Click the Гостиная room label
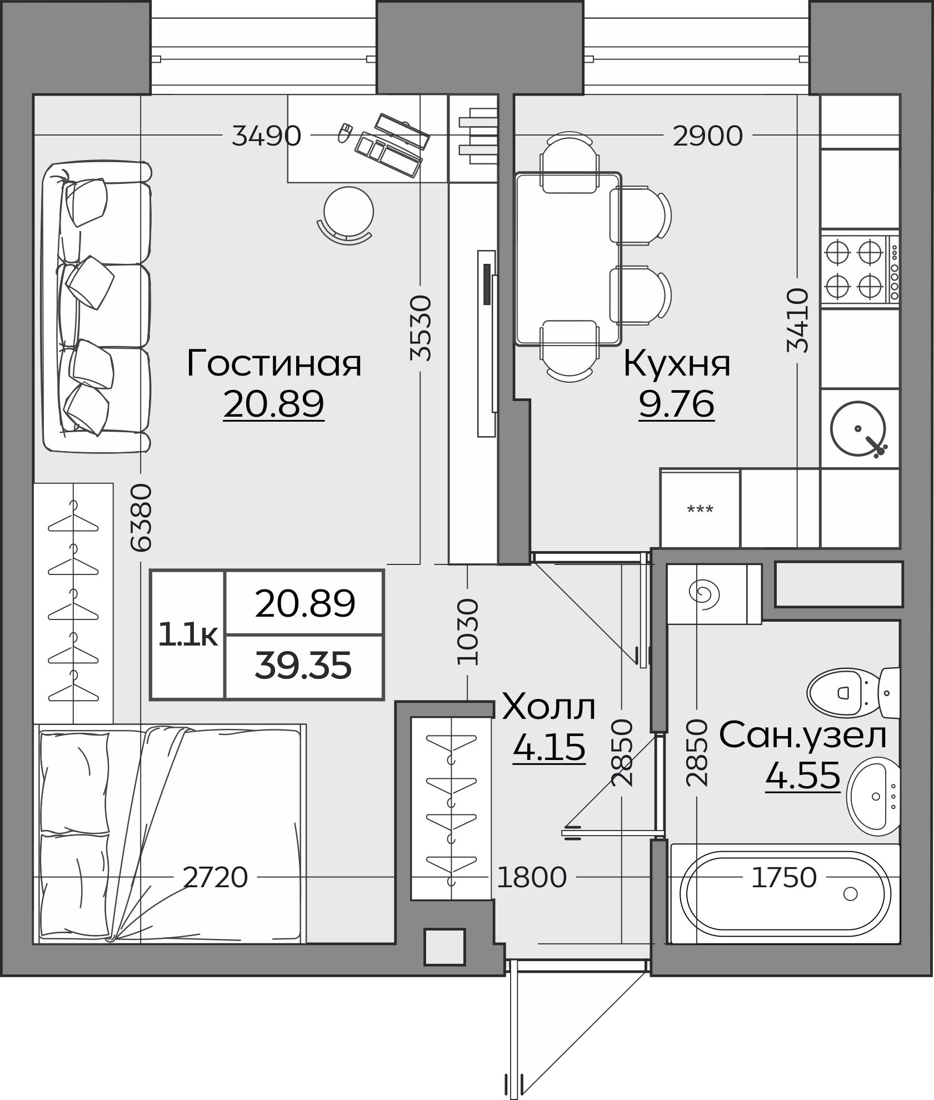pyautogui.click(x=274, y=364)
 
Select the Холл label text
pyautogui.click(x=549, y=707)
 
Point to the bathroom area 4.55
pyautogui.click(x=803, y=775)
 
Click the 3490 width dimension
pyautogui.click(x=267, y=136)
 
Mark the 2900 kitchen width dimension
pyautogui.click(x=708, y=136)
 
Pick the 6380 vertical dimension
pyautogui.click(x=141, y=517)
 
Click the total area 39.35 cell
pyautogui.click(x=304, y=666)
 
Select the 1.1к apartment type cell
pyautogui.click(x=188, y=634)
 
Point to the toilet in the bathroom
pyautogui.click(x=853, y=692)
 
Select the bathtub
pyautogui.click(x=785, y=893)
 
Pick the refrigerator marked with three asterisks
pyautogui.click(x=700, y=509)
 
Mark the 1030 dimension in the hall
pyautogui.click(x=467, y=632)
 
